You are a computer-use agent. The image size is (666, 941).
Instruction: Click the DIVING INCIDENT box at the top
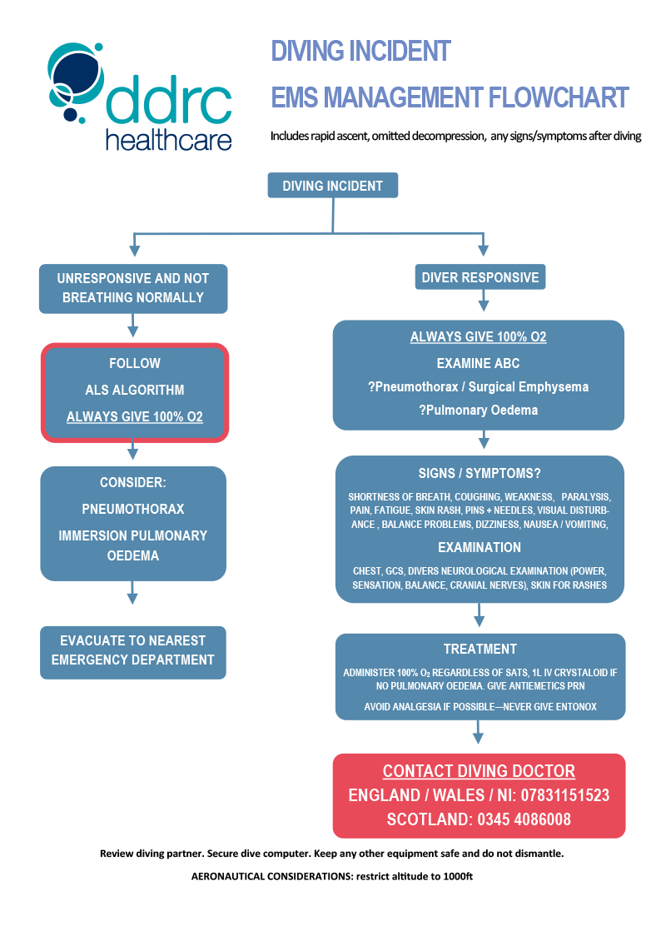[332, 185]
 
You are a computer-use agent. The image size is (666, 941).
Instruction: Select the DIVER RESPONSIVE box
[480, 277]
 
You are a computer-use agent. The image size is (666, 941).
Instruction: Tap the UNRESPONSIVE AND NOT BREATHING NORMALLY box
[133, 288]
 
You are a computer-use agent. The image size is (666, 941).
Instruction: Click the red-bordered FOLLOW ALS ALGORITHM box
[135, 391]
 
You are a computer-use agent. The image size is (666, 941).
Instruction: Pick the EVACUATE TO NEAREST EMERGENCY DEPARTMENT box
[133, 651]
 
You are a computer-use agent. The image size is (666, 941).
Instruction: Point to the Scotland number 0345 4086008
[524, 819]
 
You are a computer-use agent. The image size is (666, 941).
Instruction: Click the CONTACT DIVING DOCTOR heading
[479, 771]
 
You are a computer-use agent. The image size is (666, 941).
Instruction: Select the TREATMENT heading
[480, 649]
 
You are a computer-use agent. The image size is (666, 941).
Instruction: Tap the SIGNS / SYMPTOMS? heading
[480, 473]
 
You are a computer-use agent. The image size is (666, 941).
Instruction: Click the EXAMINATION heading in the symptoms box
[480, 547]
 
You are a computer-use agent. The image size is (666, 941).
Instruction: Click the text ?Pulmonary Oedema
[480, 410]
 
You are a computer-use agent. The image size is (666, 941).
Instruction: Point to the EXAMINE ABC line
[480, 364]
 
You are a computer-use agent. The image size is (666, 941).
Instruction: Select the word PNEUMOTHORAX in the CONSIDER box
[133, 509]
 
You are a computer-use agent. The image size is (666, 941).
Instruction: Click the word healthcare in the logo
[168, 140]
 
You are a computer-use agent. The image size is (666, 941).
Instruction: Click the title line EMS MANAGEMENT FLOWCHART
[450, 97]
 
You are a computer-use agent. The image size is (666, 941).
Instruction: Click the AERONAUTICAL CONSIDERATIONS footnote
[332, 876]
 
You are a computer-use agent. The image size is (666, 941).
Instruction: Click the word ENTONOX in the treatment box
[572, 707]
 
